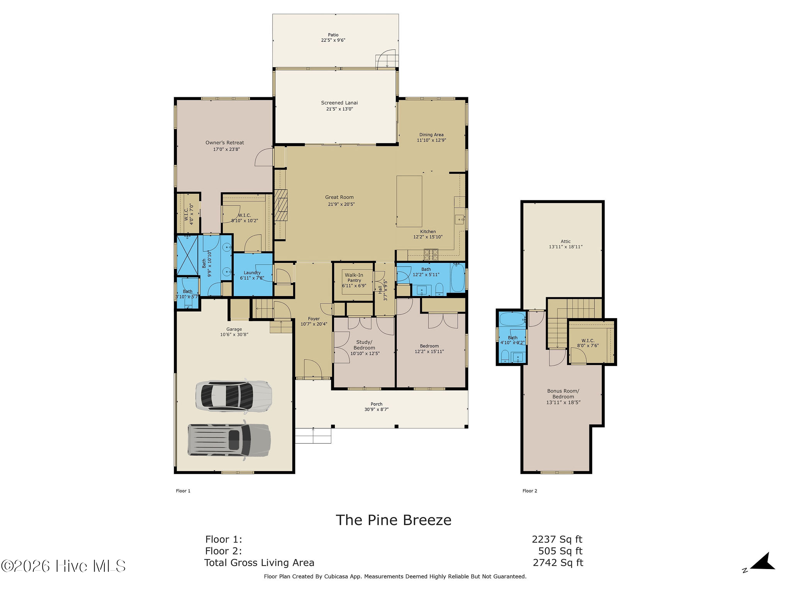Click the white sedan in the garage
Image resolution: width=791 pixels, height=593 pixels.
pos(234,395)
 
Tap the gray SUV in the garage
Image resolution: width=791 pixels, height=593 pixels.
pos(229,440)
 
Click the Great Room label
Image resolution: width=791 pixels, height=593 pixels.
pos(339,197)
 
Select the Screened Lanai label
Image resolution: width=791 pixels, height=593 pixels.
pos(339,103)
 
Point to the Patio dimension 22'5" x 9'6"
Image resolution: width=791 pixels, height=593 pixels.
pos(333,40)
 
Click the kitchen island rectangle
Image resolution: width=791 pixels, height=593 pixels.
pos(409,201)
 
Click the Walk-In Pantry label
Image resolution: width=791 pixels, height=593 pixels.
pos(354,278)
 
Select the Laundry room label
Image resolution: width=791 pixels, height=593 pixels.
pos(252,273)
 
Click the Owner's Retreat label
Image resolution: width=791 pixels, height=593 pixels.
pos(225,143)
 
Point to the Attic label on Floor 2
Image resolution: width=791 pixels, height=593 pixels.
pos(565,241)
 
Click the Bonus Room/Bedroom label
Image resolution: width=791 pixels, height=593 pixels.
pos(563,394)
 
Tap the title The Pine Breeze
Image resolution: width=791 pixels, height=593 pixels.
pos(394,520)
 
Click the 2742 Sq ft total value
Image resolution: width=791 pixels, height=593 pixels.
pos(558,563)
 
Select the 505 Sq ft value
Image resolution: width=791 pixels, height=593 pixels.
pos(560,551)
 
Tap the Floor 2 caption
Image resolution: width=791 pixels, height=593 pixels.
pos(530,491)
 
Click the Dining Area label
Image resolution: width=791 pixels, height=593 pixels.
pos(431,135)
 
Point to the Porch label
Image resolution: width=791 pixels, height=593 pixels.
pos(377,404)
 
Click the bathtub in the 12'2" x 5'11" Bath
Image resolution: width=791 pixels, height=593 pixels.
pos(458,278)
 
